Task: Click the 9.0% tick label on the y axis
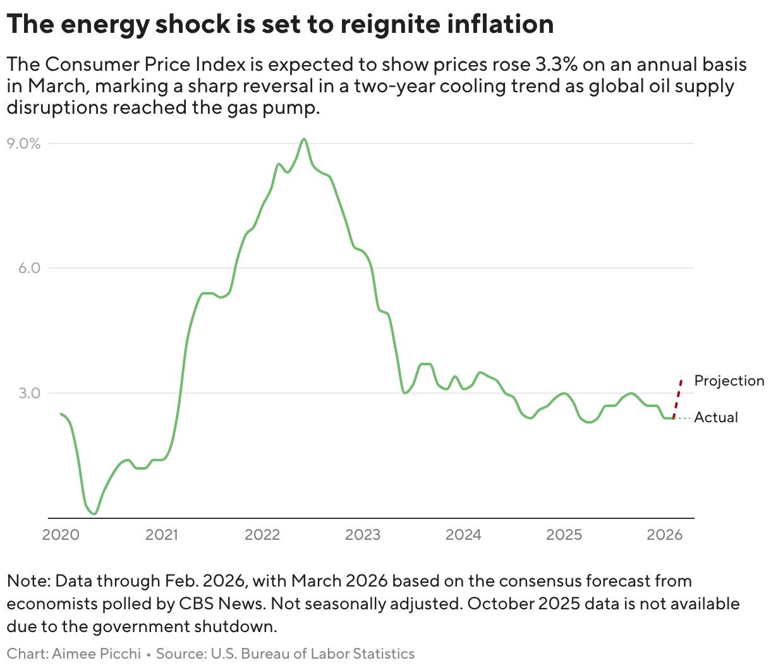pos(23,143)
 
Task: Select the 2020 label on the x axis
pos(61,535)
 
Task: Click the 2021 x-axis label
pos(162,535)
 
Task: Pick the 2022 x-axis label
pos(262,535)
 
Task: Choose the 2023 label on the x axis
pos(363,535)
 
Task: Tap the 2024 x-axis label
pos(463,535)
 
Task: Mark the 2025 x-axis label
pos(564,535)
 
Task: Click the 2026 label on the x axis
pos(665,535)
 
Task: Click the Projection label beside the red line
pos(729,381)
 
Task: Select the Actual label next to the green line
pos(716,417)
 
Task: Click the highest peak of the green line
pos(305,139)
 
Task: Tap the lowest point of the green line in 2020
pos(94,514)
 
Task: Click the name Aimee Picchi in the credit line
pos(96,654)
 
